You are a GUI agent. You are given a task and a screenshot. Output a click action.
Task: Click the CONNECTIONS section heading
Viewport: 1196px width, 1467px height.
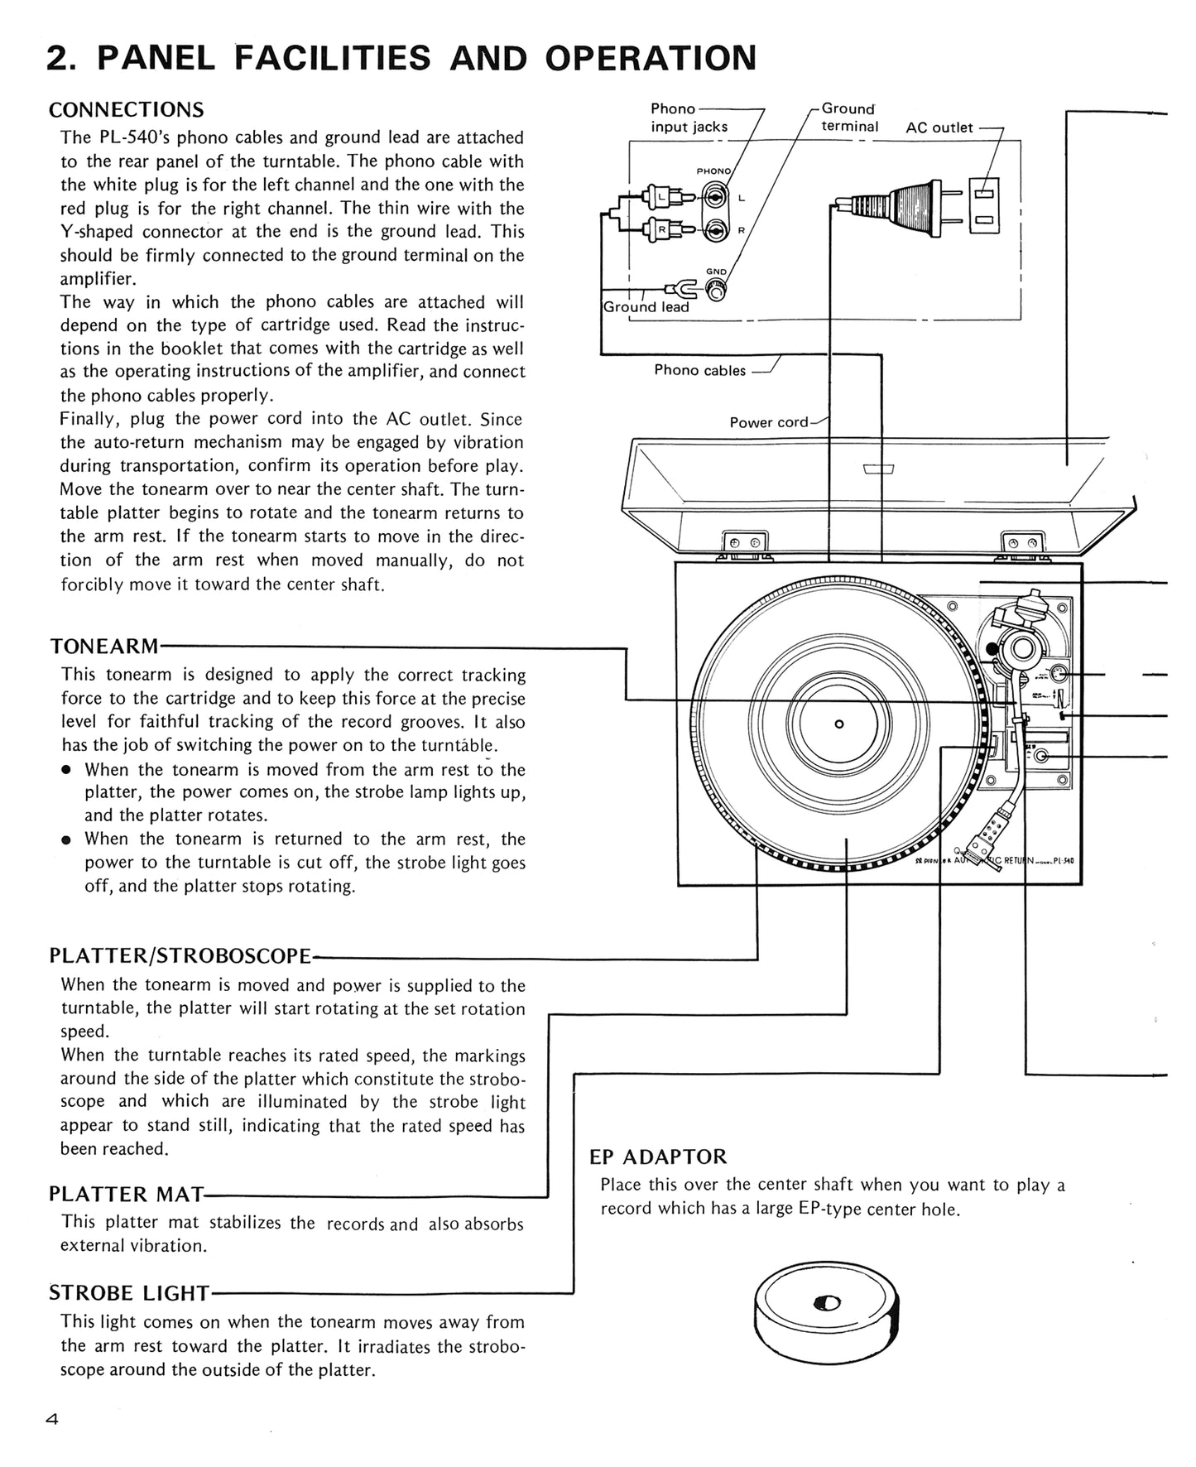tap(126, 110)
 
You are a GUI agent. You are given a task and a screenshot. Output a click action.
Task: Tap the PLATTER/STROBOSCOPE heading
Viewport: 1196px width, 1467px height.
tap(180, 955)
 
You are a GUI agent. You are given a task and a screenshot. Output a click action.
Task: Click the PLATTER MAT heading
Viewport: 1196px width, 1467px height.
tap(126, 1194)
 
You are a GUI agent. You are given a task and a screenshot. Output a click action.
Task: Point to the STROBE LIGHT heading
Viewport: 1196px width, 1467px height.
tap(129, 1292)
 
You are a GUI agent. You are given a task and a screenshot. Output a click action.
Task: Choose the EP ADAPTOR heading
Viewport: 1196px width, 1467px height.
tap(657, 1157)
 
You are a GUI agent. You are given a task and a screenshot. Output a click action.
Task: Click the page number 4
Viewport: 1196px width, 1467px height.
tap(52, 1419)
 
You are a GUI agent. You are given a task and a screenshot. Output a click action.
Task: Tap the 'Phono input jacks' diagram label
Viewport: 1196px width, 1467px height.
tap(689, 118)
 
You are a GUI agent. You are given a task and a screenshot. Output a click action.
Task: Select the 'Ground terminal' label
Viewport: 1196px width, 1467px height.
tap(849, 118)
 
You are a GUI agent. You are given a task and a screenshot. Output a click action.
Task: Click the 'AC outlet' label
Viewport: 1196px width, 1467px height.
tap(939, 127)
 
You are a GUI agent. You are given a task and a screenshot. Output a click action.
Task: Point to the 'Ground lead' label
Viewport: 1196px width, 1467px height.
tap(646, 307)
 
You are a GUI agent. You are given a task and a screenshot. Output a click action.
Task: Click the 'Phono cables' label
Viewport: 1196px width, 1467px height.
tap(699, 370)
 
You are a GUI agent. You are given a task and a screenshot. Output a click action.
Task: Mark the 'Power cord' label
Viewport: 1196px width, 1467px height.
tap(768, 422)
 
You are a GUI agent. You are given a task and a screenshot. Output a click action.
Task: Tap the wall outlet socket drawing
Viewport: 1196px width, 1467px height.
tap(984, 206)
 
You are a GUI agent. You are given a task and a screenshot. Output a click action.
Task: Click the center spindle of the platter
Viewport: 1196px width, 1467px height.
tap(838, 724)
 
